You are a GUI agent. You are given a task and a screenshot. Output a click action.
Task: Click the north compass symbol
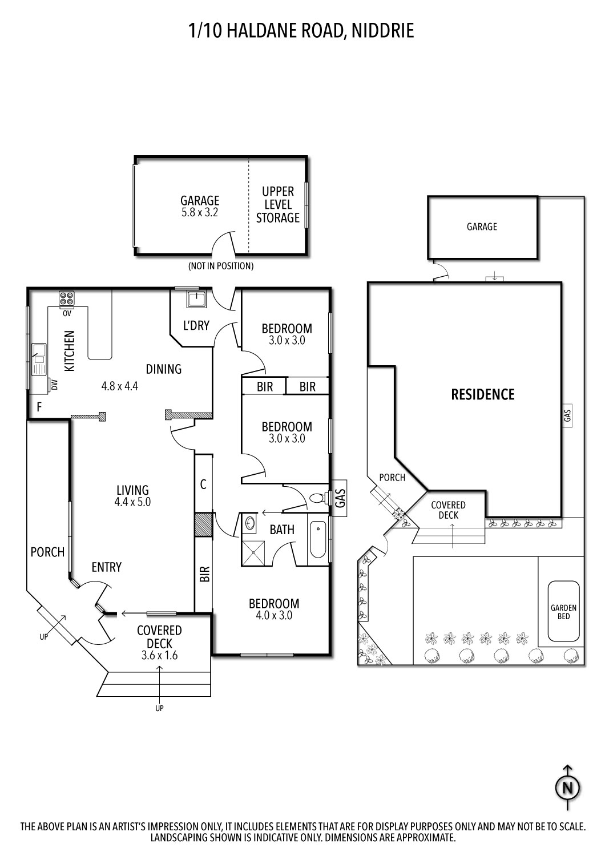click(x=567, y=788)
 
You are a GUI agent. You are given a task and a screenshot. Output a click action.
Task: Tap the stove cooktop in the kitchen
click(x=67, y=298)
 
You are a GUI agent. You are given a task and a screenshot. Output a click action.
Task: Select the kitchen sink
click(x=39, y=360)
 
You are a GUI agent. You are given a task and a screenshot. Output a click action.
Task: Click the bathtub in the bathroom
click(x=317, y=539)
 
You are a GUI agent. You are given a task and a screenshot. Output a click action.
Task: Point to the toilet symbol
click(x=317, y=498)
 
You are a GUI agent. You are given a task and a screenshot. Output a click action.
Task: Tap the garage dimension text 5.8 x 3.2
click(x=200, y=212)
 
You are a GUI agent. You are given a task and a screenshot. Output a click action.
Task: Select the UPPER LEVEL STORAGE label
click(x=277, y=204)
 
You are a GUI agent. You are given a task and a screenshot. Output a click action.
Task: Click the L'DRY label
click(x=196, y=325)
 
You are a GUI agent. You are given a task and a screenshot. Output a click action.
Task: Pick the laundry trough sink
click(x=197, y=298)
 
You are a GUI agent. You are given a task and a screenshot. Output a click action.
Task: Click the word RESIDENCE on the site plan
click(x=483, y=394)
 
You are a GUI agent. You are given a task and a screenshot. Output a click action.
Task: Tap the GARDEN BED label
click(x=563, y=612)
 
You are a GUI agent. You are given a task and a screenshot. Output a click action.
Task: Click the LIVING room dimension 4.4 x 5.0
click(x=132, y=502)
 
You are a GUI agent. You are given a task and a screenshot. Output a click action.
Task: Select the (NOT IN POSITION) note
click(x=221, y=266)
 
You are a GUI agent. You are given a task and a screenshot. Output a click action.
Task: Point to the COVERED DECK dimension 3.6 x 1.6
click(x=159, y=655)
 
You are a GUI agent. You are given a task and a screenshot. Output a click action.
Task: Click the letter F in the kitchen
click(x=39, y=407)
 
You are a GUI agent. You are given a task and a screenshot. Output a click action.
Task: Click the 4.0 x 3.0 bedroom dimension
click(x=274, y=615)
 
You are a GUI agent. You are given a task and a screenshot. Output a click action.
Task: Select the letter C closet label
click(x=203, y=484)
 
